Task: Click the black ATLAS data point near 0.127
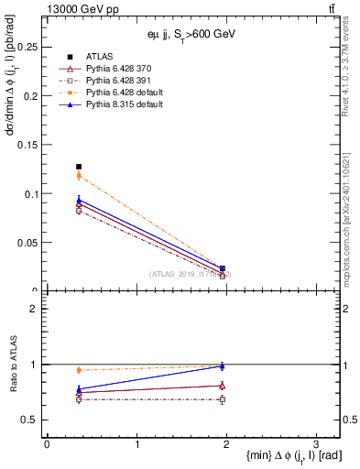point(79,167)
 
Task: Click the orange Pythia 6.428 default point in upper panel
point(79,175)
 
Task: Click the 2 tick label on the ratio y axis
point(36,309)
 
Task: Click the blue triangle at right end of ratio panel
point(223,366)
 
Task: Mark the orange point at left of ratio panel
point(79,370)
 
